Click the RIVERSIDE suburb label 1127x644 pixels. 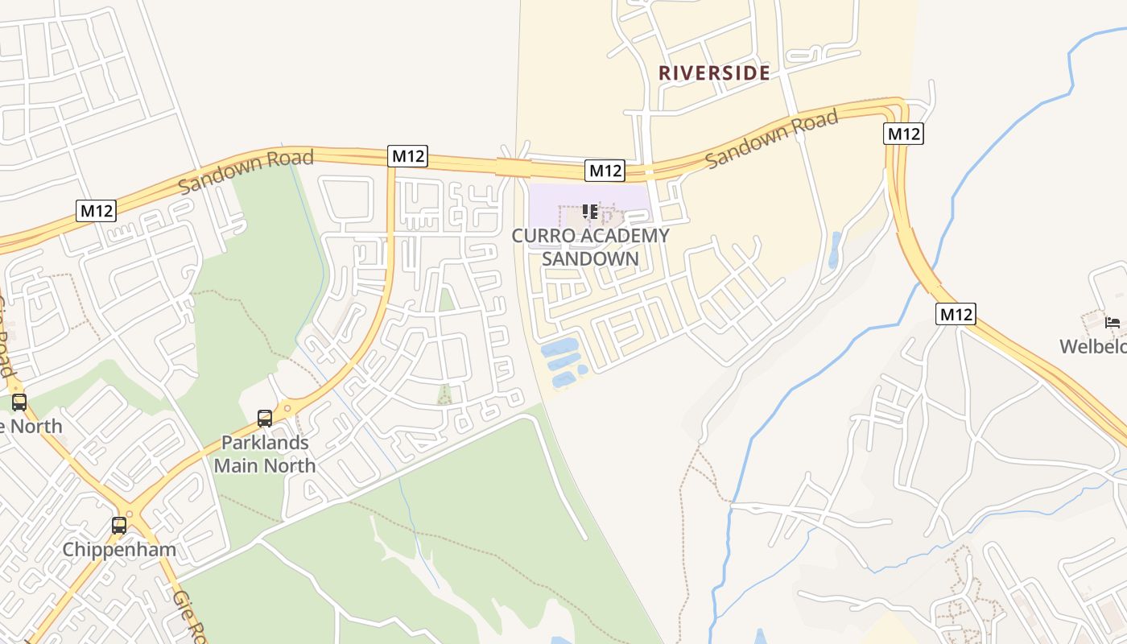click(x=714, y=72)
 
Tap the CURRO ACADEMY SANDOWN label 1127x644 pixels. click(x=591, y=247)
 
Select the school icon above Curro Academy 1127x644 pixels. click(x=590, y=212)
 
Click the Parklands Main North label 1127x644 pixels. click(x=265, y=454)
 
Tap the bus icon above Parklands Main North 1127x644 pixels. click(x=265, y=419)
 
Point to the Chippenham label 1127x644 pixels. click(x=119, y=551)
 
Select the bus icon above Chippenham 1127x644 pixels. click(x=119, y=526)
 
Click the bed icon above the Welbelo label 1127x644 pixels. click(x=1113, y=323)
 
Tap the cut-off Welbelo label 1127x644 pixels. click(x=1092, y=347)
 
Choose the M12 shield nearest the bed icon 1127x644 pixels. click(x=956, y=314)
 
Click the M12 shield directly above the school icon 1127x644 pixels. click(x=605, y=171)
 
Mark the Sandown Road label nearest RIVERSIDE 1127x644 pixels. click(x=771, y=139)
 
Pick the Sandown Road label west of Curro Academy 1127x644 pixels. click(x=246, y=171)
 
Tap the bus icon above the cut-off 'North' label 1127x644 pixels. click(x=19, y=402)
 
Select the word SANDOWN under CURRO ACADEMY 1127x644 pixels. click(x=591, y=259)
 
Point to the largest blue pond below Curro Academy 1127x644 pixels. click(x=560, y=348)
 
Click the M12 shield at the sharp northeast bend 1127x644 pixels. click(x=902, y=134)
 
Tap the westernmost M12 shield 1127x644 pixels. click(x=97, y=211)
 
